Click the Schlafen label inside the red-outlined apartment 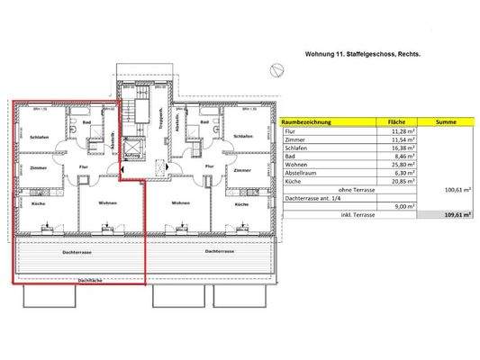(38, 137)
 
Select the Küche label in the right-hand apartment (240, 204)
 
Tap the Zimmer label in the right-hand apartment (241, 169)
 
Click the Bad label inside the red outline (87, 122)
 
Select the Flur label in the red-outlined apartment (83, 167)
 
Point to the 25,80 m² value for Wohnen (397, 166)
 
